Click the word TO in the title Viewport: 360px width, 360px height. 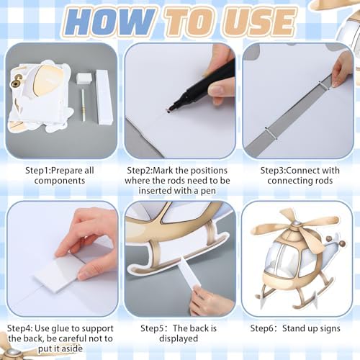pos(191,22)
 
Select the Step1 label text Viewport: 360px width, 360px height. pos(38,171)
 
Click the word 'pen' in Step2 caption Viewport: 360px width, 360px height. pos(207,192)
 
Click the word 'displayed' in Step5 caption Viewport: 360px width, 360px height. pos(179,338)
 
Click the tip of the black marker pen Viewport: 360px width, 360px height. pos(168,112)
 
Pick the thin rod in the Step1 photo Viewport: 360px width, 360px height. pos(83,105)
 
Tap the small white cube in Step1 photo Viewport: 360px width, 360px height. pos(84,78)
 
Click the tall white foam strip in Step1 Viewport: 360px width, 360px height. pos(104,97)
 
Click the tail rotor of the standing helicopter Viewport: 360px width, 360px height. pos(336,242)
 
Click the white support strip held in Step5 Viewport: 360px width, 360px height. pos(189,272)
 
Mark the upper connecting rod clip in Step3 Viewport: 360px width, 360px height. pos(325,86)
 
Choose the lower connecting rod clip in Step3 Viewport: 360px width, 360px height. pos(271,133)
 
